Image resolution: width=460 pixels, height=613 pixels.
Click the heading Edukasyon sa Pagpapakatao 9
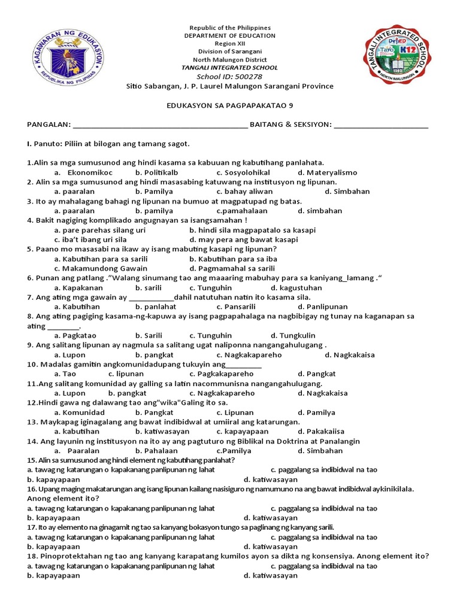229,105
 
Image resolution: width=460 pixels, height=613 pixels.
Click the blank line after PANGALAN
159,125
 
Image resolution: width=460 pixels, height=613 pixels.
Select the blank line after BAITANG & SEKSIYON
381,125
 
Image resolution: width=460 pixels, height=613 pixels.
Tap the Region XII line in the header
230,44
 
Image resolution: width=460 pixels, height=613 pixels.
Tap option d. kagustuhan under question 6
296,287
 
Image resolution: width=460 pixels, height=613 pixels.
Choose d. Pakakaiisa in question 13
322,432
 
